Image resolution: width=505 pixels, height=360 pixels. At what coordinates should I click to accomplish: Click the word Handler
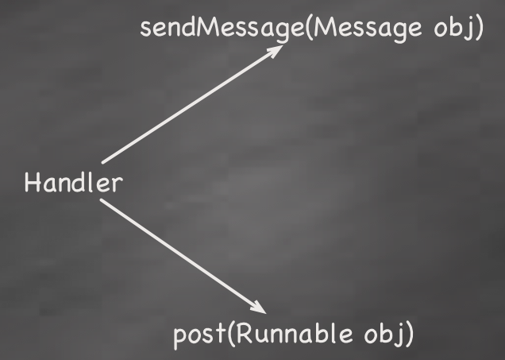(x=73, y=184)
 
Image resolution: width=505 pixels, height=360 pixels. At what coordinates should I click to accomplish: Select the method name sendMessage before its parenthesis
(x=221, y=28)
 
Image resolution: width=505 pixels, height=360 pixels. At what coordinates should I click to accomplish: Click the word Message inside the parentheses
(x=364, y=28)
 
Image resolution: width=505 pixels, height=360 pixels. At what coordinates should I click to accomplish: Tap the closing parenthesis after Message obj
(x=479, y=28)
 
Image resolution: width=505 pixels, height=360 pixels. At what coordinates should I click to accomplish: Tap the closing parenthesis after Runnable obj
(x=409, y=334)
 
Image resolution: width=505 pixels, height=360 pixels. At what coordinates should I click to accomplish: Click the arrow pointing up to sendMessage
(x=191, y=104)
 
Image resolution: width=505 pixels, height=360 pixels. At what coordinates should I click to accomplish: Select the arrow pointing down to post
(x=183, y=255)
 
